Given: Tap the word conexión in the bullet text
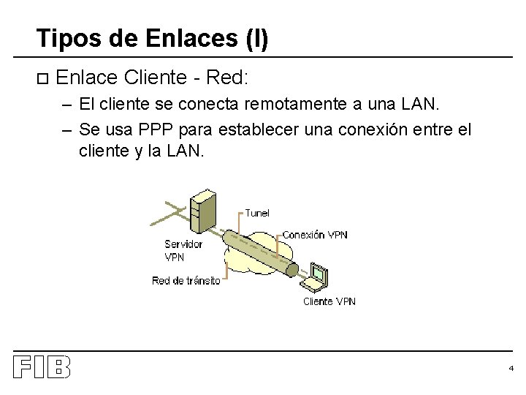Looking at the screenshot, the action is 379,130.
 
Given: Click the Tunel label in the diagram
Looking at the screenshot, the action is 257,213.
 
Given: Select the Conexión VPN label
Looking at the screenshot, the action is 315,235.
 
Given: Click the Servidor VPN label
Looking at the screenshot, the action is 183,250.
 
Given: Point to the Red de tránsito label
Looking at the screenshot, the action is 186,281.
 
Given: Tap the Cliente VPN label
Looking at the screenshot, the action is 329,301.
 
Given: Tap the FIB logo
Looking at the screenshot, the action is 42,367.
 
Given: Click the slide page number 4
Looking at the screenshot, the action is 511,368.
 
